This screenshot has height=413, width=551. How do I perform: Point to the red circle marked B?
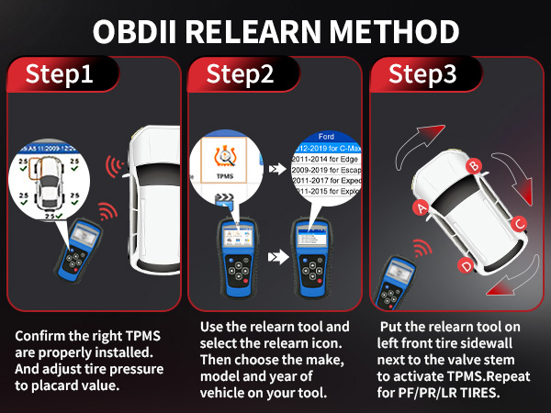[x=475, y=165]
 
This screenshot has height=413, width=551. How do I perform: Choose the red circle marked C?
[x=519, y=222]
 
